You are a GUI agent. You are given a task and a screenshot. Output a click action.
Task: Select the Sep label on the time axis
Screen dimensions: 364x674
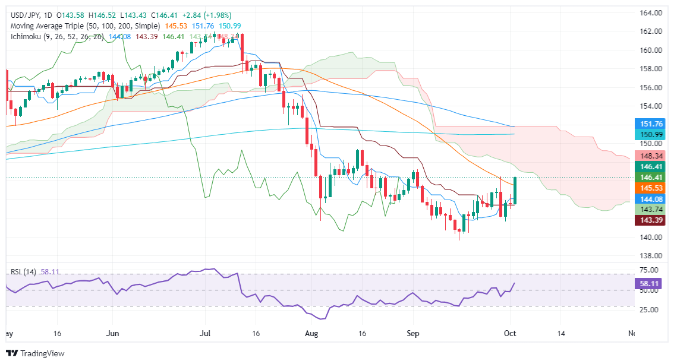pos(413,334)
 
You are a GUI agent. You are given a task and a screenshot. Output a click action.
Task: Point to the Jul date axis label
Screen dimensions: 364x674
pos(206,334)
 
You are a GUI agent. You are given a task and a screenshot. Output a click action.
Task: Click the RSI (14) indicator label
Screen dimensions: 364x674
pos(24,272)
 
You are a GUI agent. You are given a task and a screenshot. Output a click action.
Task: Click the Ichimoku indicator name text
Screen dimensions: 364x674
pos(29,37)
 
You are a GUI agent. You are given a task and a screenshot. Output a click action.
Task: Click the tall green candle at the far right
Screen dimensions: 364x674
pos(515,190)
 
